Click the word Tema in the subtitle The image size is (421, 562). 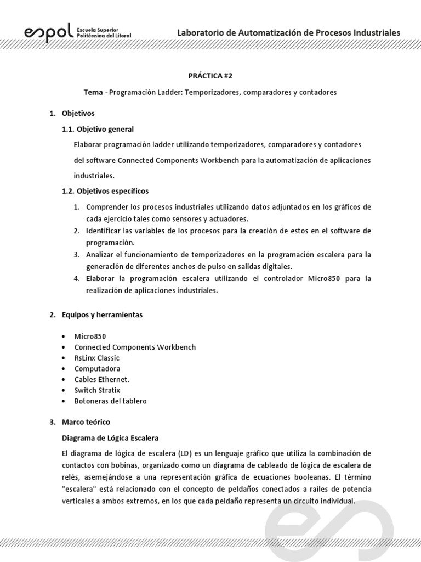pyautogui.click(x=93, y=92)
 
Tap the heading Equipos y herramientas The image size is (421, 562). pyautogui.click(x=102, y=315)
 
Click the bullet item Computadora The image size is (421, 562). pyautogui.click(x=98, y=369)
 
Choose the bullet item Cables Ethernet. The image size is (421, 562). pyautogui.click(x=102, y=379)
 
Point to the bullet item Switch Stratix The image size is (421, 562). pyautogui.click(x=97, y=390)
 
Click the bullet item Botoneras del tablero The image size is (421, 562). pyautogui.click(x=111, y=401)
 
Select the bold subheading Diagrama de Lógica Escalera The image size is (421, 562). pyautogui.click(x=110, y=438)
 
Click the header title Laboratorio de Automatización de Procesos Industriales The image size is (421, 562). pyautogui.click(x=288, y=32)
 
